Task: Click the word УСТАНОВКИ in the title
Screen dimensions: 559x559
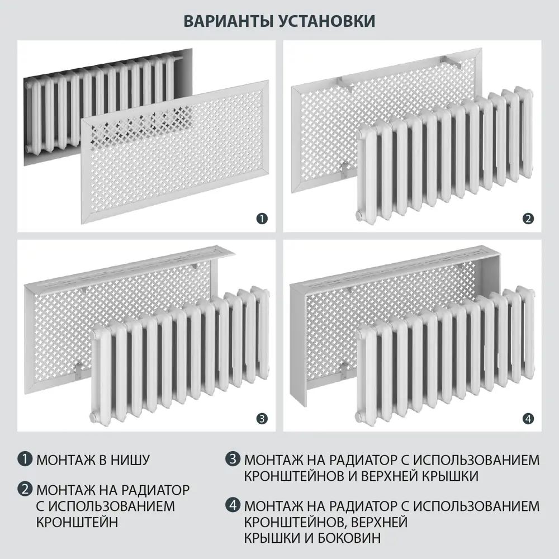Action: [326, 21]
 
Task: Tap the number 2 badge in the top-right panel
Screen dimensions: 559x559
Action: [528, 219]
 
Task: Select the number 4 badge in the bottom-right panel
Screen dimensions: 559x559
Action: [528, 418]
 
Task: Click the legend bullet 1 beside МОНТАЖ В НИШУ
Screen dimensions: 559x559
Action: [24, 461]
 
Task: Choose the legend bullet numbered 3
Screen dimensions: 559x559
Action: [233, 461]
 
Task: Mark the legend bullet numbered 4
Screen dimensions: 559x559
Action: [233, 506]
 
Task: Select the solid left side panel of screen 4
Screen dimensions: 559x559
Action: [299, 347]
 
